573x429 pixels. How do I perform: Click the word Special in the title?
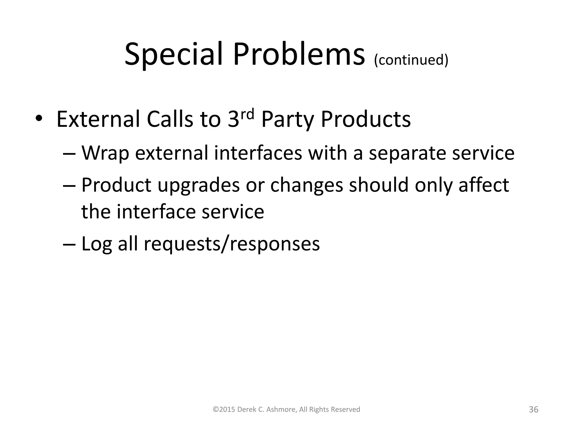click(x=173, y=54)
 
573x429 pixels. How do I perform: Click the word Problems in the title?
click(x=299, y=54)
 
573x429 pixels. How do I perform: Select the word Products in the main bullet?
click(x=366, y=120)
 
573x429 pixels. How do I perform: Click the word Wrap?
click(x=105, y=154)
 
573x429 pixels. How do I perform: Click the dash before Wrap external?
click(x=69, y=154)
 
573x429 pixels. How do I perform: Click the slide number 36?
click(x=534, y=409)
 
